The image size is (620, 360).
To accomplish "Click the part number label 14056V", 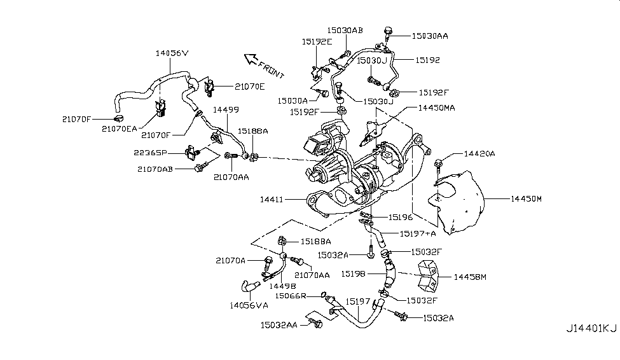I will coord(172,53).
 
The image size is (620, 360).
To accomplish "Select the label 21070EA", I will coord(119,129).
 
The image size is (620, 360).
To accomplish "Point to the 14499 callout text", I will coord(226,109).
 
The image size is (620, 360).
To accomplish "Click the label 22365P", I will coord(150,153).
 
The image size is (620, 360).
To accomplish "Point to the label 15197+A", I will coord(418,233).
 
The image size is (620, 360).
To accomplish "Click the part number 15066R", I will coord(291,296).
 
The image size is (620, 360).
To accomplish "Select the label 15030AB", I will coord(345,30).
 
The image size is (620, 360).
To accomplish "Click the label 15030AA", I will coord(430,36).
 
